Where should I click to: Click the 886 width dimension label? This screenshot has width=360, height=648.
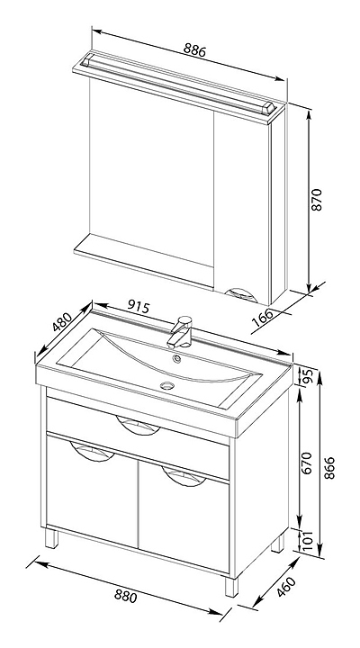194,50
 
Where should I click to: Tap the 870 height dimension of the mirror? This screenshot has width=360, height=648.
316,200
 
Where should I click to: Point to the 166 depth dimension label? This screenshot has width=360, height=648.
263,318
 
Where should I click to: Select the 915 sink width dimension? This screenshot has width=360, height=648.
138,306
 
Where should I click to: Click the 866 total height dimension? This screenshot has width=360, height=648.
329,468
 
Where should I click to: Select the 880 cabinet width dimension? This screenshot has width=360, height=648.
125,596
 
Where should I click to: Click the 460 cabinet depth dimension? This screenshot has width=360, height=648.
286,587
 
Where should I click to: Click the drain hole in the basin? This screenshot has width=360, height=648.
167,385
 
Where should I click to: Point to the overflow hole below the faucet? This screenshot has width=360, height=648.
177,358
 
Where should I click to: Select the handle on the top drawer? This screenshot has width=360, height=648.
138,425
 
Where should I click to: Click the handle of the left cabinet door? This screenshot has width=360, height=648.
92,451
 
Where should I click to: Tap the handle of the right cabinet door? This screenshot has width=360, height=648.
184,476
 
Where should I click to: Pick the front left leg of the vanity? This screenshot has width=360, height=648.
52,538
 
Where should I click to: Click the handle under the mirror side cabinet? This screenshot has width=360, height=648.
241,295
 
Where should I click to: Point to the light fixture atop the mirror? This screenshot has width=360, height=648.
178,84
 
